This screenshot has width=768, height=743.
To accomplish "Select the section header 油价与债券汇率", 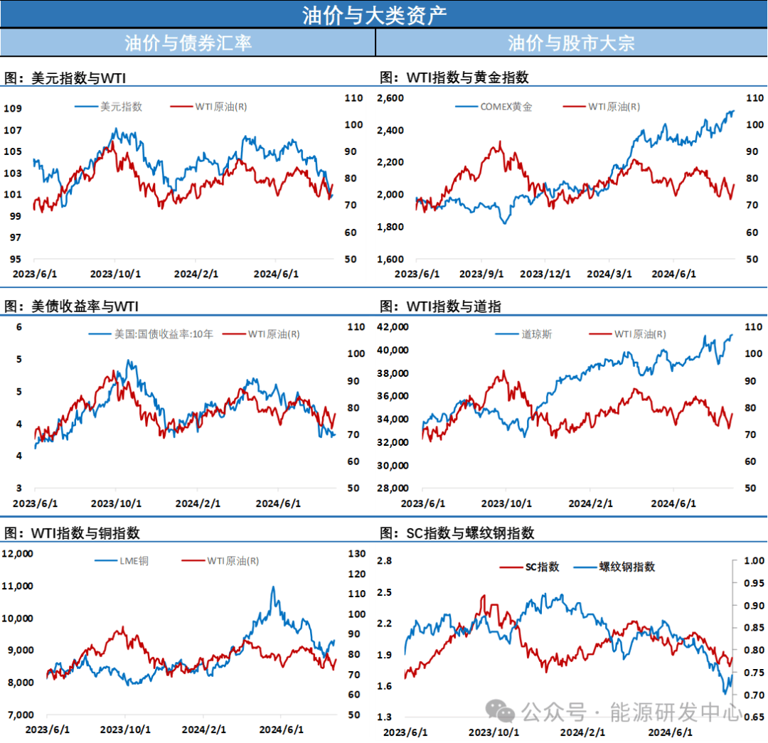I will tap(188, 43).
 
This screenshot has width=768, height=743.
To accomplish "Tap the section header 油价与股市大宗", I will tap(571, 43).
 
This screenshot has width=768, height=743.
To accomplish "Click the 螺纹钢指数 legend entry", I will tap(626, 567).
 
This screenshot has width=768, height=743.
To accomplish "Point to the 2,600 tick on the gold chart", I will tap(390, 97).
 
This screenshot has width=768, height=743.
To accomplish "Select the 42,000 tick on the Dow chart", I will tap(393, 326).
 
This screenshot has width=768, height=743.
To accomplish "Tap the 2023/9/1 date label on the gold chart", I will tap(481, 274).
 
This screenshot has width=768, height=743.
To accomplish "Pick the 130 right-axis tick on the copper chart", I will tap(356, 553).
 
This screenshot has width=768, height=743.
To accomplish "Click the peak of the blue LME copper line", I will tap(272, 588).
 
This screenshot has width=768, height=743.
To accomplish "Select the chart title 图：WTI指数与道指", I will tap(441, 306).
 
